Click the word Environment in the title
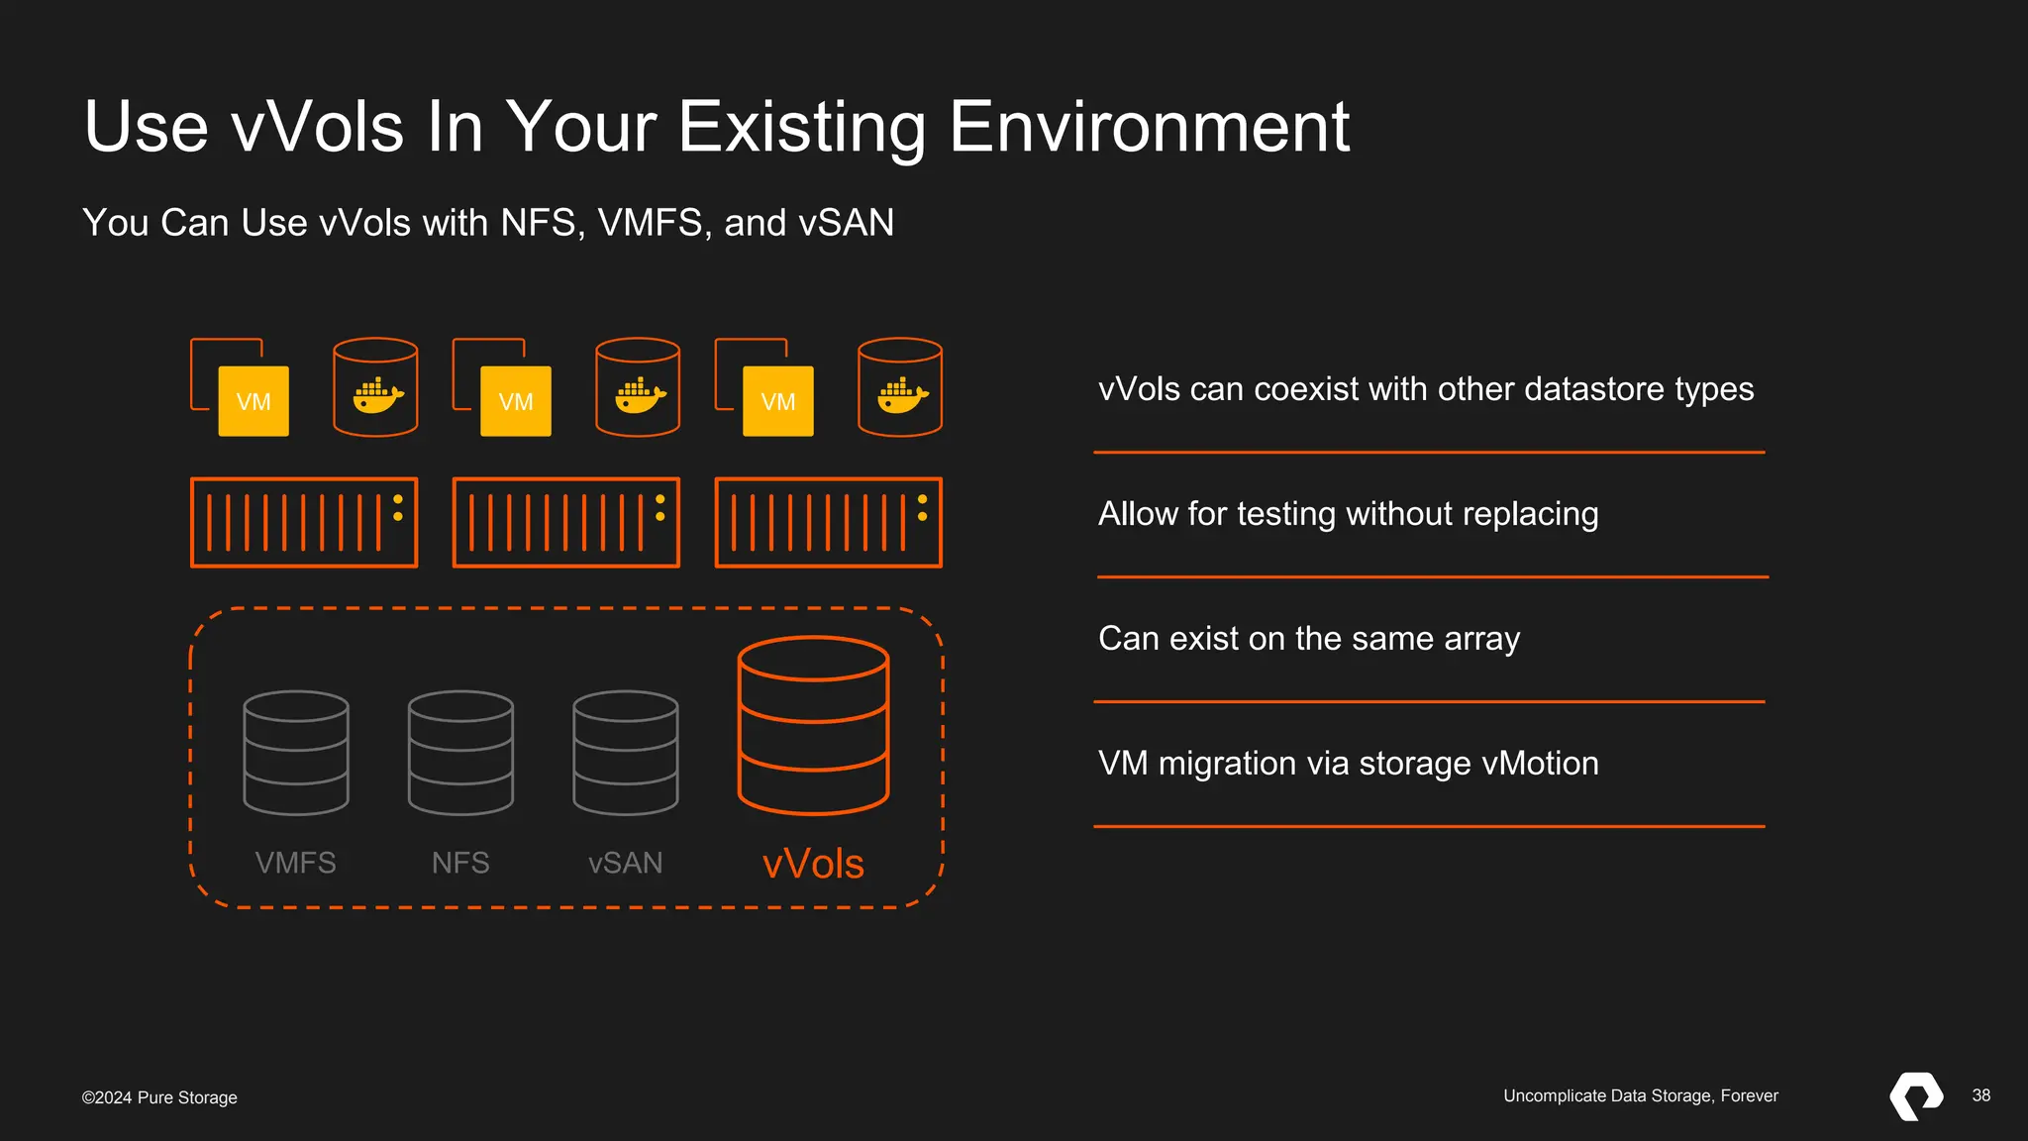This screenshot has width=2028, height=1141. point(1149,127)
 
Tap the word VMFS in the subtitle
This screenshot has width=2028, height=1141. point(650,223)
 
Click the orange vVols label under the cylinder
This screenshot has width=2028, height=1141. point(813,864)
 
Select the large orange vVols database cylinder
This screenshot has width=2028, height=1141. point(813,725)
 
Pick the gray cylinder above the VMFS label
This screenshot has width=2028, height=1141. point(296,753)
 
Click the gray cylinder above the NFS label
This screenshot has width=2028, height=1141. point(460,753)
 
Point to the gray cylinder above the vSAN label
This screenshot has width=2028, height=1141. point(626,753)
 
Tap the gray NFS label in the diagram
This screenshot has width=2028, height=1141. point(460,863)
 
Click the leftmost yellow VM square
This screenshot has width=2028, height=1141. point(253,401)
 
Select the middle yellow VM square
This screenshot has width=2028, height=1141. point(516,401)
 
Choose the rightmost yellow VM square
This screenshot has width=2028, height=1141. point(778,401)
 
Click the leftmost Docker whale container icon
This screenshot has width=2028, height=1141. point(375,387)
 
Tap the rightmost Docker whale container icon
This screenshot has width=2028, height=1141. point(900,387)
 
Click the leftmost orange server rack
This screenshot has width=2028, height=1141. point(304,522)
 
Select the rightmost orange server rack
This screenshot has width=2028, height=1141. point(829,522)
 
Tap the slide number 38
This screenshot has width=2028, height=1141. point(1980,1095)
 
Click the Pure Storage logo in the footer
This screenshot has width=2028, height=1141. point(1916,1095)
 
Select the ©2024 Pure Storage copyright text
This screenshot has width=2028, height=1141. point(159,1097)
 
